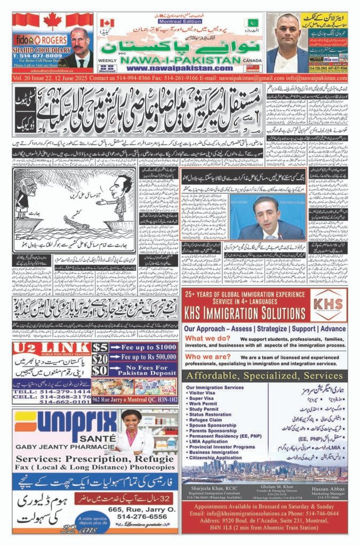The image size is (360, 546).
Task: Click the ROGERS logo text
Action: (x=53, y=39)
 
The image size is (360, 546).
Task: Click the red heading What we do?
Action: (x=207, y=338)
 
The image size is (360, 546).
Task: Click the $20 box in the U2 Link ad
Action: (x=100, y=359)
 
